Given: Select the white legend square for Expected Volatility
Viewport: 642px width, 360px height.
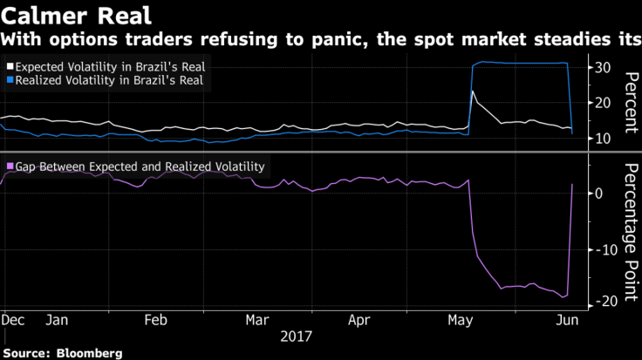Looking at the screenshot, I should pos(10,65).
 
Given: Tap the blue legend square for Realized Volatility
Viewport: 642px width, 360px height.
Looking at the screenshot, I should pos(10,79).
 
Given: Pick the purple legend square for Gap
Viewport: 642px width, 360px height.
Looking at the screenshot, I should pos(10,166).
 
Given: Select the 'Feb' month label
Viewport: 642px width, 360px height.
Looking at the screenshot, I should pos(155,320).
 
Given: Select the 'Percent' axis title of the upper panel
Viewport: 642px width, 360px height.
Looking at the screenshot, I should pos(626,103).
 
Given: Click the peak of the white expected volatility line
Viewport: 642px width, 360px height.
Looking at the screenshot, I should pos(472,92).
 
